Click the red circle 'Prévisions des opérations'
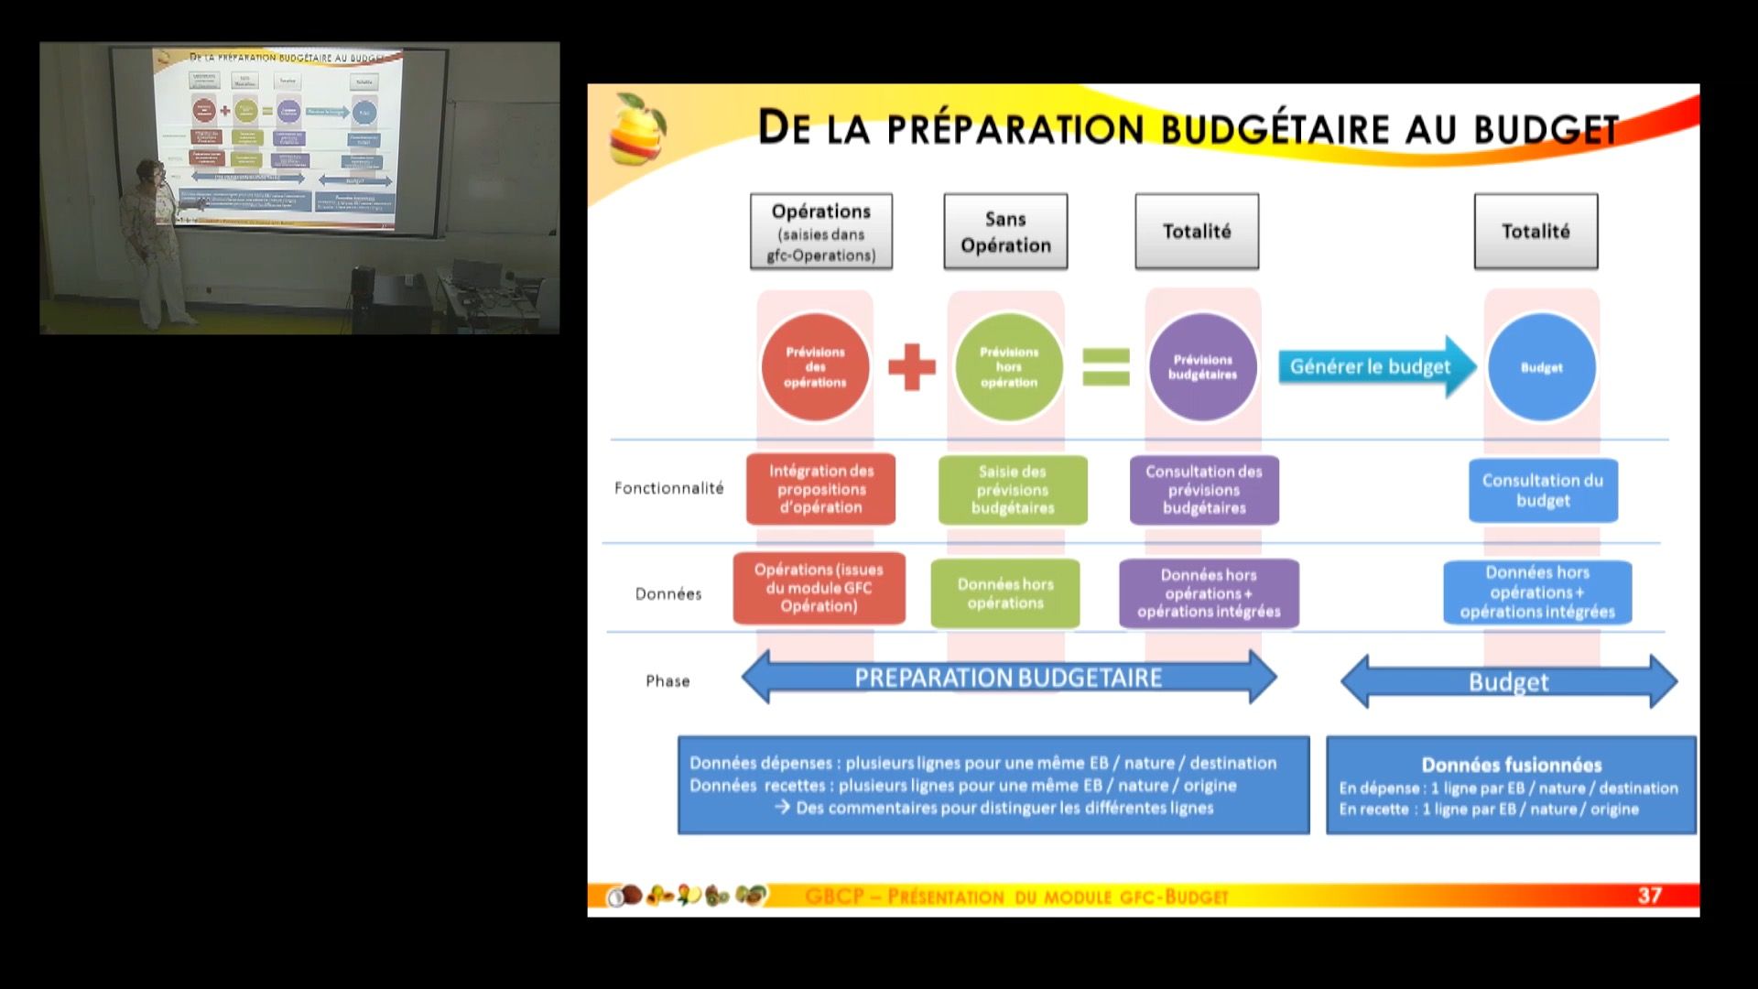(x=815, y=367)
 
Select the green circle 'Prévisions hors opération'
(x=1009, y=367)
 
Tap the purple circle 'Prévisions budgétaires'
(x=1203, y=367)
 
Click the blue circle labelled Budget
(x=1542, y=367)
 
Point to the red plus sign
(x=912, y=367)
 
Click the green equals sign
(x=1106, y=366)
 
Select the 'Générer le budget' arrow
(x=1373, y=367)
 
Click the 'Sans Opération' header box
(x=1005, y=232)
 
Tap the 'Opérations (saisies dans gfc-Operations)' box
(x=821, y=232)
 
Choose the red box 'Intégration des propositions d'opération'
(x=820, y=489)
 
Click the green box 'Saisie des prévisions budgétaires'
(x=1013, y=490)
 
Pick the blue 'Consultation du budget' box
(x=1543, y=491)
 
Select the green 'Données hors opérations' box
(x=1005, y=593)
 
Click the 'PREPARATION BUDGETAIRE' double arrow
(x=1008, y=678)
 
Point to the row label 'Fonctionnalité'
(x=668, y=488)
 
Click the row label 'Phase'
(x=667, y=681)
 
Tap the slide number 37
(x=1649, y=896)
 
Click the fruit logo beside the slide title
(x=637, y=129)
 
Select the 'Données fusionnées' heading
(x=1512, y=765)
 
